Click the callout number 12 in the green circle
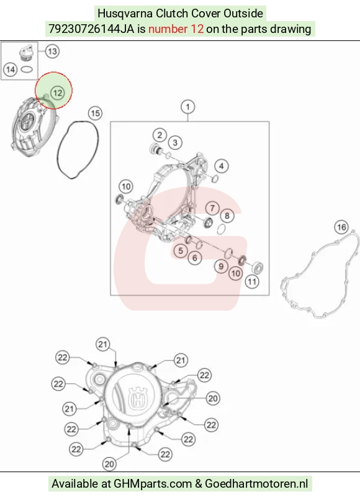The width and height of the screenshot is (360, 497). (x=57, y=93)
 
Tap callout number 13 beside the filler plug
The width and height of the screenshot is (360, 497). (x=52, y=52)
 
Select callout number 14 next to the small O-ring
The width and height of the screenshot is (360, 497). (x=10, y=70)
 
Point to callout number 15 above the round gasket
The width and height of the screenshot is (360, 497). (x=96, y=113)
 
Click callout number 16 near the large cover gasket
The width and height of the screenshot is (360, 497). (x=341, y=227)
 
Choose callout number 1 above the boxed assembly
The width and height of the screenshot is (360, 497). (x=187, y=107)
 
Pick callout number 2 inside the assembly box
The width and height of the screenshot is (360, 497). (x=160, y=135)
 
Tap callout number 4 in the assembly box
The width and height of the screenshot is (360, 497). (x=222, y=166)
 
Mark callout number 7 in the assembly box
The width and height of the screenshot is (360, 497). (x=212, y=208)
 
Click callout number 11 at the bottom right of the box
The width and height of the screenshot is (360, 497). (x=252, y=281)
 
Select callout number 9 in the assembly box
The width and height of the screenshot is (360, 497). (x=221, y=267)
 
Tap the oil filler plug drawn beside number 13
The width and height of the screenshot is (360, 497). (x=26, y=53)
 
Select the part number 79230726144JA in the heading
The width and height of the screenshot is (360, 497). (x=91, y=29)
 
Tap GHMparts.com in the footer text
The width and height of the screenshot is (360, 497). (x=153, y=484)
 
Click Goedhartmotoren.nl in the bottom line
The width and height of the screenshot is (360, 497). (x=256, y=484)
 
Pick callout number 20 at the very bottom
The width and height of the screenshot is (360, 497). (x=109, y=464)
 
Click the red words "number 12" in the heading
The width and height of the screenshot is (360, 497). (x=176, y=29)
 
